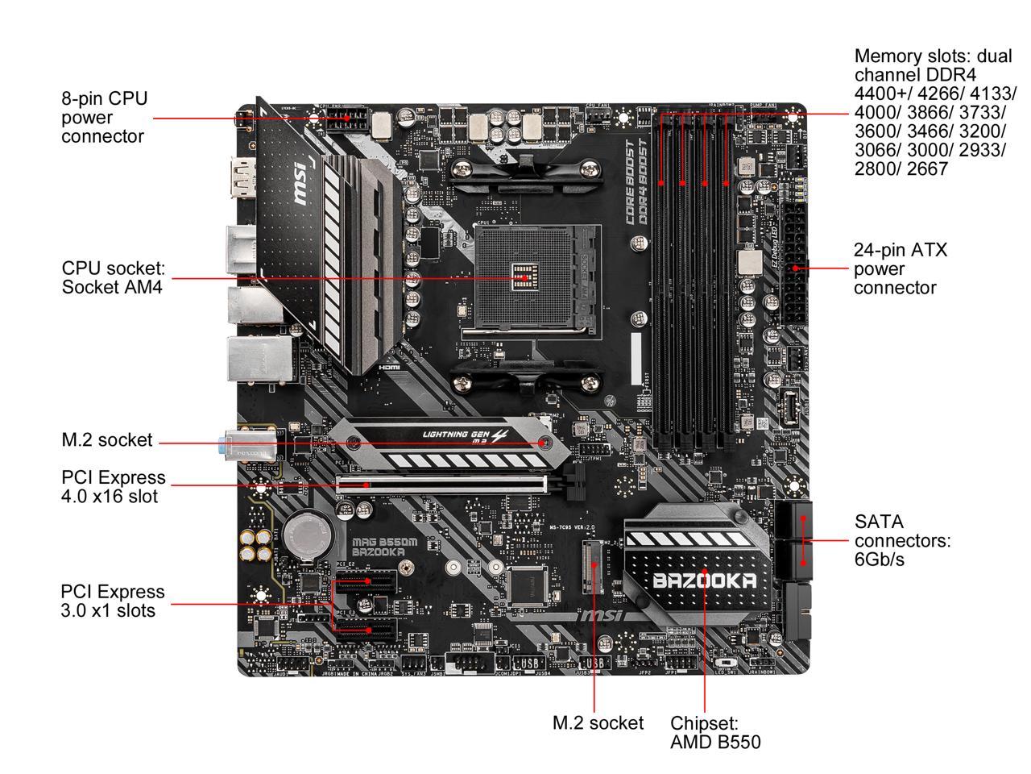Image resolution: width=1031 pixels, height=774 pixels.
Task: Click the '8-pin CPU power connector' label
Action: [105, 118]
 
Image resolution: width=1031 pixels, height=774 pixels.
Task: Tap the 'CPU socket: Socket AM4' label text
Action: [113, 277]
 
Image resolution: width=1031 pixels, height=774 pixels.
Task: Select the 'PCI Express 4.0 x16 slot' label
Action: [113, 487]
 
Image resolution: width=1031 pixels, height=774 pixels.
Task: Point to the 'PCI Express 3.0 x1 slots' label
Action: [113, 601]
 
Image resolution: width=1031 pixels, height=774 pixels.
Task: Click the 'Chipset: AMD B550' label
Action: [714, 733]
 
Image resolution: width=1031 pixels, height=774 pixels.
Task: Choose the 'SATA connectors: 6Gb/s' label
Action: [902, 540]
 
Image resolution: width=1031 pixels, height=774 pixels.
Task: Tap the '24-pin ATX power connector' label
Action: [900, 269]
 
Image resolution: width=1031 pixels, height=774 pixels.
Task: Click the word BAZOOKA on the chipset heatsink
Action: [704, 581]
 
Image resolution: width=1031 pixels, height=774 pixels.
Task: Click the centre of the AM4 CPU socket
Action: [525, 277]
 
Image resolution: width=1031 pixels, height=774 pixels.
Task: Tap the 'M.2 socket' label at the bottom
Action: [598, 723]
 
